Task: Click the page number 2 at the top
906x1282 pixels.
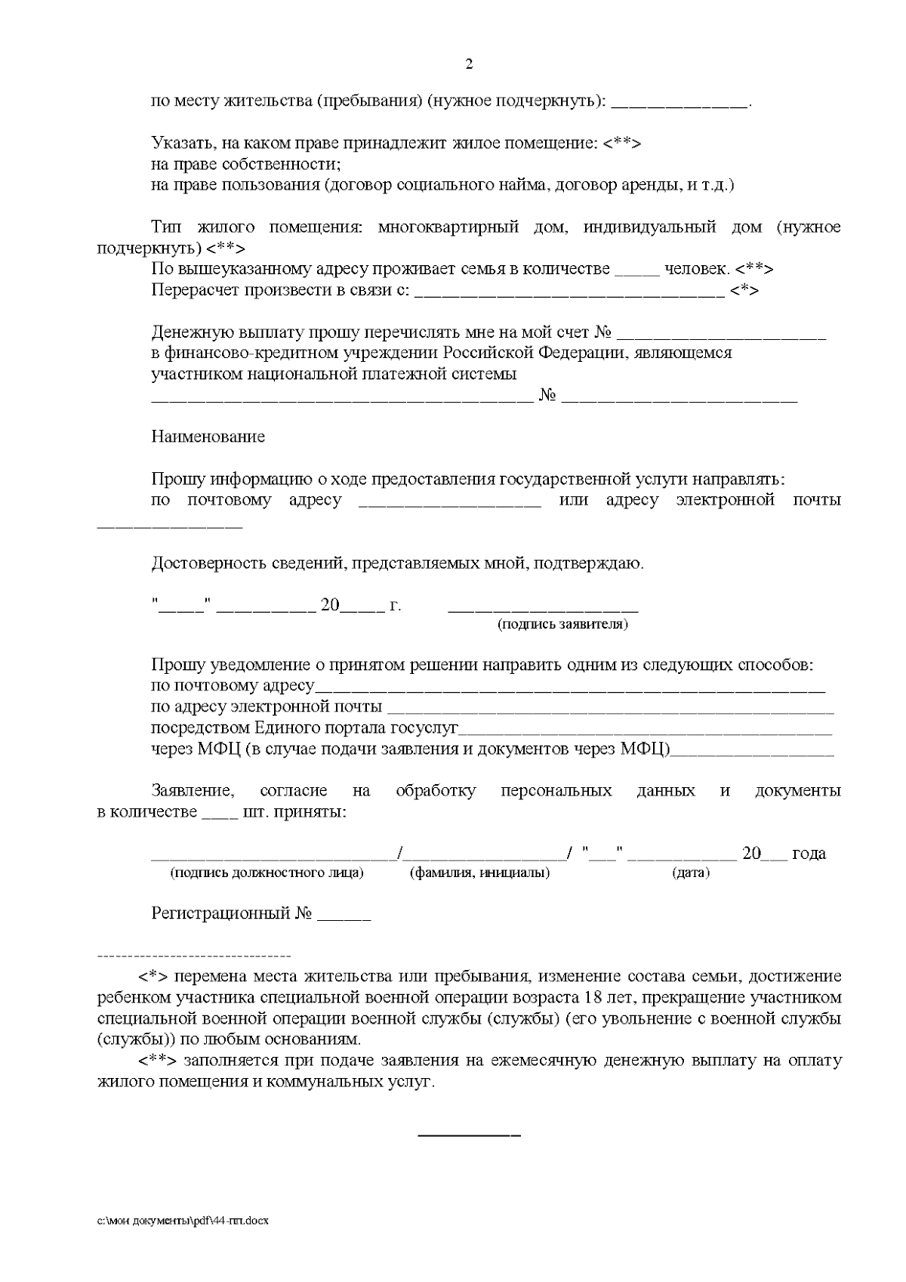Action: click(468, 65)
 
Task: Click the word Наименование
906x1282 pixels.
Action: click(208, 437)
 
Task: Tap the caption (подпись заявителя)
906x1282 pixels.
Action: click(562, 625)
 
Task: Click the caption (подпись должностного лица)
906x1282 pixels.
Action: click(267, 873)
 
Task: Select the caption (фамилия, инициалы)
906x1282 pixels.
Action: click(479, 873)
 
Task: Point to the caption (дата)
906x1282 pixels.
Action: click(691, 873)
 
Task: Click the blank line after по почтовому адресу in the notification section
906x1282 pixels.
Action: click(570, 690)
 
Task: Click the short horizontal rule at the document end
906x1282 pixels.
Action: click(469, 1135)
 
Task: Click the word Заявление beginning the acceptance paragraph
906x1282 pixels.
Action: click(193, 791)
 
